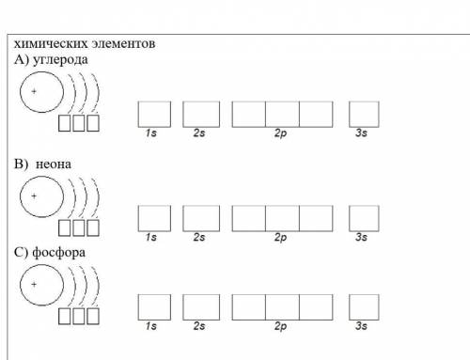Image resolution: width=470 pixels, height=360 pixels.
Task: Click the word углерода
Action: (x=60, y=59)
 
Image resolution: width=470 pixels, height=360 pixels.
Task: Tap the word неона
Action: (x=54, y=164)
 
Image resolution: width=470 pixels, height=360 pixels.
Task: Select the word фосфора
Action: (x=58, y=253)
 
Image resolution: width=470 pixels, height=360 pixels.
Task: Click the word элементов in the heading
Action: (x=123, y=43)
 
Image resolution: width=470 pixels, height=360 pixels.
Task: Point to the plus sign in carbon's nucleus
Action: (x=34, y=91)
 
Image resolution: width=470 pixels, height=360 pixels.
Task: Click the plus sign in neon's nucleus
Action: (x=34, y=196)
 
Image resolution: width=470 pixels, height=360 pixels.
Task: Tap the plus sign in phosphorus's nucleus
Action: (x=34, y=285)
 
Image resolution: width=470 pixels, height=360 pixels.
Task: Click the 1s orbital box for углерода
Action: (x=154, y=114)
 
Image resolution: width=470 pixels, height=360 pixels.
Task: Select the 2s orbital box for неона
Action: (x=201, y=218)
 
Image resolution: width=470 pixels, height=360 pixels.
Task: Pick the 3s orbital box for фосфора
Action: (x=364, y=307)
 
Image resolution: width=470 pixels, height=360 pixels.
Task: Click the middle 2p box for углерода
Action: (x=282, y=114)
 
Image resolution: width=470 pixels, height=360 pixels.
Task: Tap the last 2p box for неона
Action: (x=316, y=218)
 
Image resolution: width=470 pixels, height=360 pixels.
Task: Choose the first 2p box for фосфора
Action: (x=249, y=307)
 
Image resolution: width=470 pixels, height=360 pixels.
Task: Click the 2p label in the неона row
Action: (x=281, y=238)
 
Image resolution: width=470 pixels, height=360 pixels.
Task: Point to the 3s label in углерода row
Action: (x=361, y=133)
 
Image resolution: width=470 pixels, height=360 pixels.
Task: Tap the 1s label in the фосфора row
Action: (x=151, y=326)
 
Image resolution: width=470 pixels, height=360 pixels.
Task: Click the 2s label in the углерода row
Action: (x=199, y=133)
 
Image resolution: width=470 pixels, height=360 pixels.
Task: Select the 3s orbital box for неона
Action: (x=364, y=218)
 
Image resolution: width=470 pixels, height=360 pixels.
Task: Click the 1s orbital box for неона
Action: (x=154, y=218)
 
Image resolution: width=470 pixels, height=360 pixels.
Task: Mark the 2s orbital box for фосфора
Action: (x=201, y=307)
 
